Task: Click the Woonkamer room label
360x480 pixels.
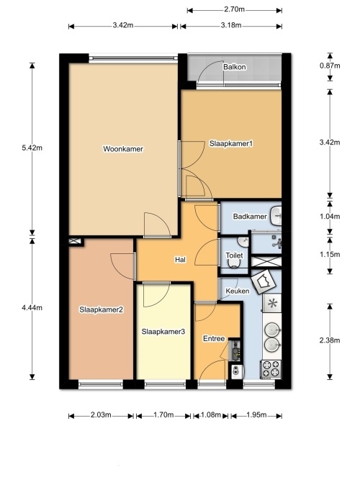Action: (x=123, y=149)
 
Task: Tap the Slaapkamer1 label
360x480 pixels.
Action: (x=231, y=143)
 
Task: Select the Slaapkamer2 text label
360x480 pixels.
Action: (x=101, y=309)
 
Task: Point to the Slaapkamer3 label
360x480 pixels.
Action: (x=163, y=332)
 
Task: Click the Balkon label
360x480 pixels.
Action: (x=235, y=67)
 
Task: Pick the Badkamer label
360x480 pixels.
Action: (x=250, y=217)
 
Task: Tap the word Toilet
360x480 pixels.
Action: (x=235, y=255)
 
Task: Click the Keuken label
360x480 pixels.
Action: (x=238, y=291)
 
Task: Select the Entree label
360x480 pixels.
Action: (x=214, y=338)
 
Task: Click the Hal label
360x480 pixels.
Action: (x=181, y=260)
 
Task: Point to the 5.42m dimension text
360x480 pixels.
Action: (x=32, y=148)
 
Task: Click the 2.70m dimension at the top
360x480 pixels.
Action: (x=235, y=9)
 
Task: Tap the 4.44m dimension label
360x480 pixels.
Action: (x=32, y=308)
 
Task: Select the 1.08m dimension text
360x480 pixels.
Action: (x=211, y=415)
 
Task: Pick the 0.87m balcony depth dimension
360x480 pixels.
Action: (x=330, y=65)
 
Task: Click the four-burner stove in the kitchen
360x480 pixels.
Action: (x=271, y=368)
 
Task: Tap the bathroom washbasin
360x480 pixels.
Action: (x=276, y=216)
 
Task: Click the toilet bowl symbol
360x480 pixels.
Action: (x=234, y=263)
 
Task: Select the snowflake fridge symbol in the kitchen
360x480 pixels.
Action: (x=272, y=303)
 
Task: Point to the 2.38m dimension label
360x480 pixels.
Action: (x=330, y=340)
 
